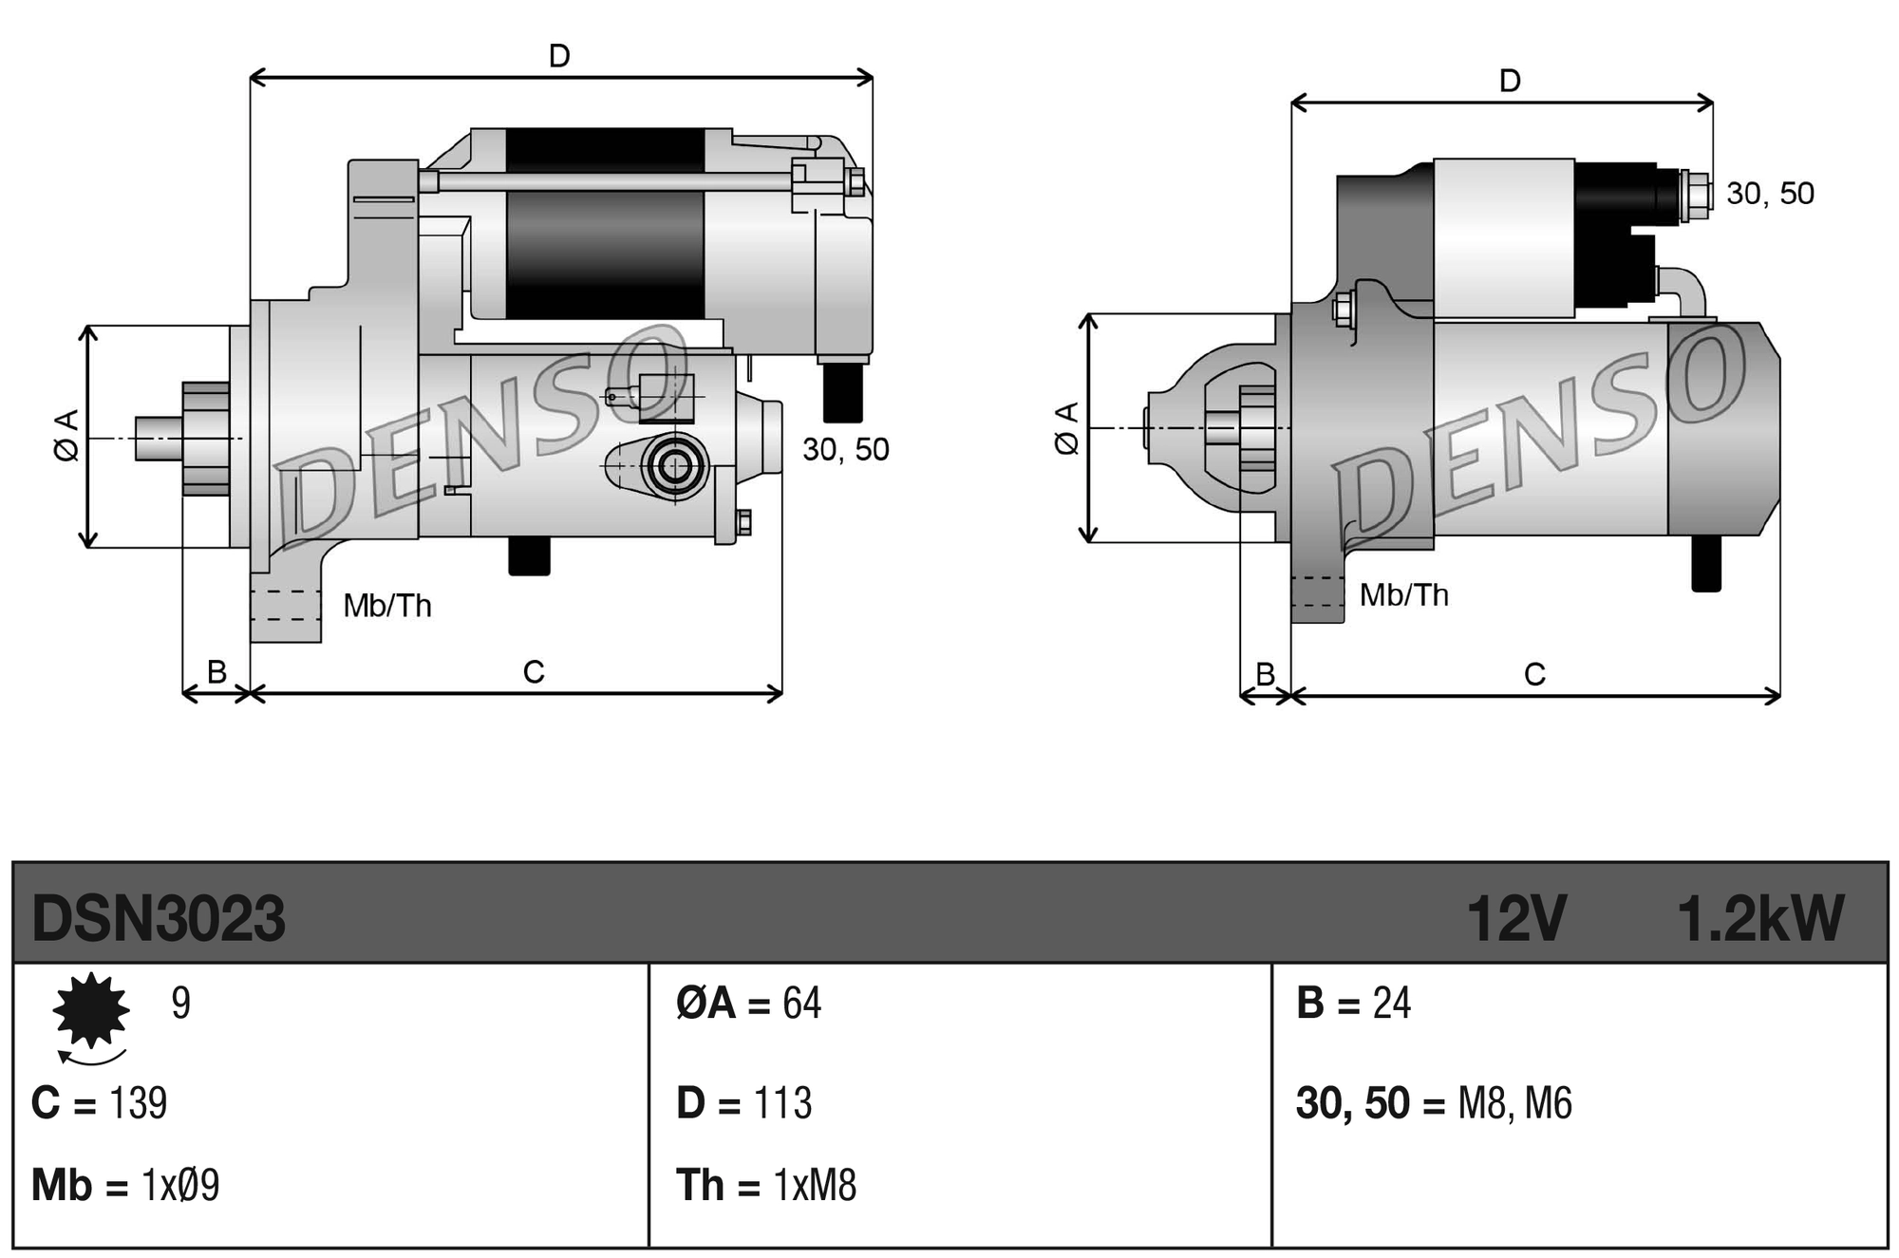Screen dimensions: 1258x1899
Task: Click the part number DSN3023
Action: pyautogui.click(x=158, y=919)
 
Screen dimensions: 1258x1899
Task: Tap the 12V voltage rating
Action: pyautogui.click(x=1515, y=919)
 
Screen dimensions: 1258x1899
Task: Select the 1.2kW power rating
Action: pyautogui.click(x=1759, y=919)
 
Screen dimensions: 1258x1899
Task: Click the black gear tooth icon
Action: pyautogui.click(x=91, y=1010)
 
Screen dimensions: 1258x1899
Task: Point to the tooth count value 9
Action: pyautogui.click(x=180, y=1004)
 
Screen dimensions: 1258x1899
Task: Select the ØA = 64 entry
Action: pyautogui.click(x=748, y=1004)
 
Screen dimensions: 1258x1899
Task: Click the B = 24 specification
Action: pyautogui.click(x=1353, y=1004)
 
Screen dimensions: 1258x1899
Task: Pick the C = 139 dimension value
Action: pyautogui.click(x=99, y=1103)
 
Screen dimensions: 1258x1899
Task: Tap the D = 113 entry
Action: pyautogui.click(x=743, y=1103)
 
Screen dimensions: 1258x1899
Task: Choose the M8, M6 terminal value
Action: pyautogui.click(x=1514, y=1103)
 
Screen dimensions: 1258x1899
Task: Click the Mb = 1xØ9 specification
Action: pyautogui.click(x=125, y=1186)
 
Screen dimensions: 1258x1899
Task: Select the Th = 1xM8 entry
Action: pyautogui.click(x=765, y=1186)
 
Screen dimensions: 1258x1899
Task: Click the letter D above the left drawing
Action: pyautogui.click(x=559, y=57)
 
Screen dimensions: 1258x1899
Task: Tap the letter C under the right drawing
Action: pyautogui.click(x=1534, y=675)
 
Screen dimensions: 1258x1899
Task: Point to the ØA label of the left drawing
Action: pyautogui.click(x=66, y=436)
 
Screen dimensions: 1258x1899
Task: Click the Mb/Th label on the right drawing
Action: pyautogui.click(x=1403, y=595)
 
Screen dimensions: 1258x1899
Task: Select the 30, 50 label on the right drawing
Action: pyautogui.click(x=1770, y=194)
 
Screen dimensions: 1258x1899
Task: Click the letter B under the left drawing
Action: pyautogui.click(x=216, y=672)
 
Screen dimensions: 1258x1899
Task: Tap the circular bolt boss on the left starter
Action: pyautogui.click(x=675, y=466)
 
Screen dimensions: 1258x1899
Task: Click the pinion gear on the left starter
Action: pyautogui.click(x=206, y=439)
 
